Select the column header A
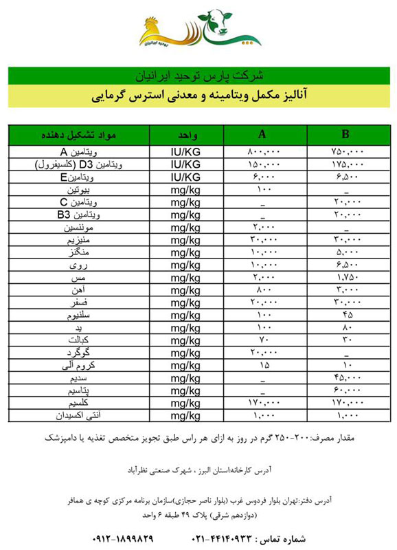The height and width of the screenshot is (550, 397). [263, 134]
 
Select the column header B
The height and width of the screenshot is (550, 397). [345, 134]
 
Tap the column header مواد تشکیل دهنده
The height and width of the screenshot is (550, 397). [82, 134]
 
